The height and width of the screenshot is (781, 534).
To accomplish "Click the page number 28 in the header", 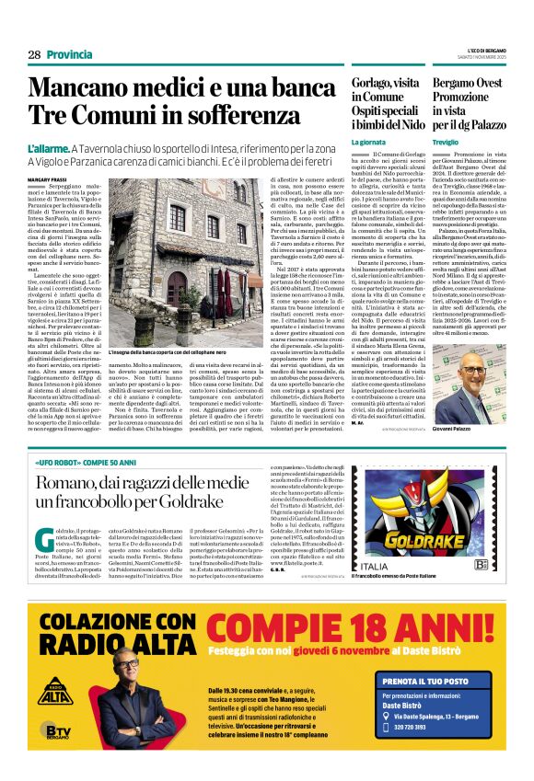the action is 34,55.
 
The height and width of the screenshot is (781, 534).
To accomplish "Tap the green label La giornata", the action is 372,142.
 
